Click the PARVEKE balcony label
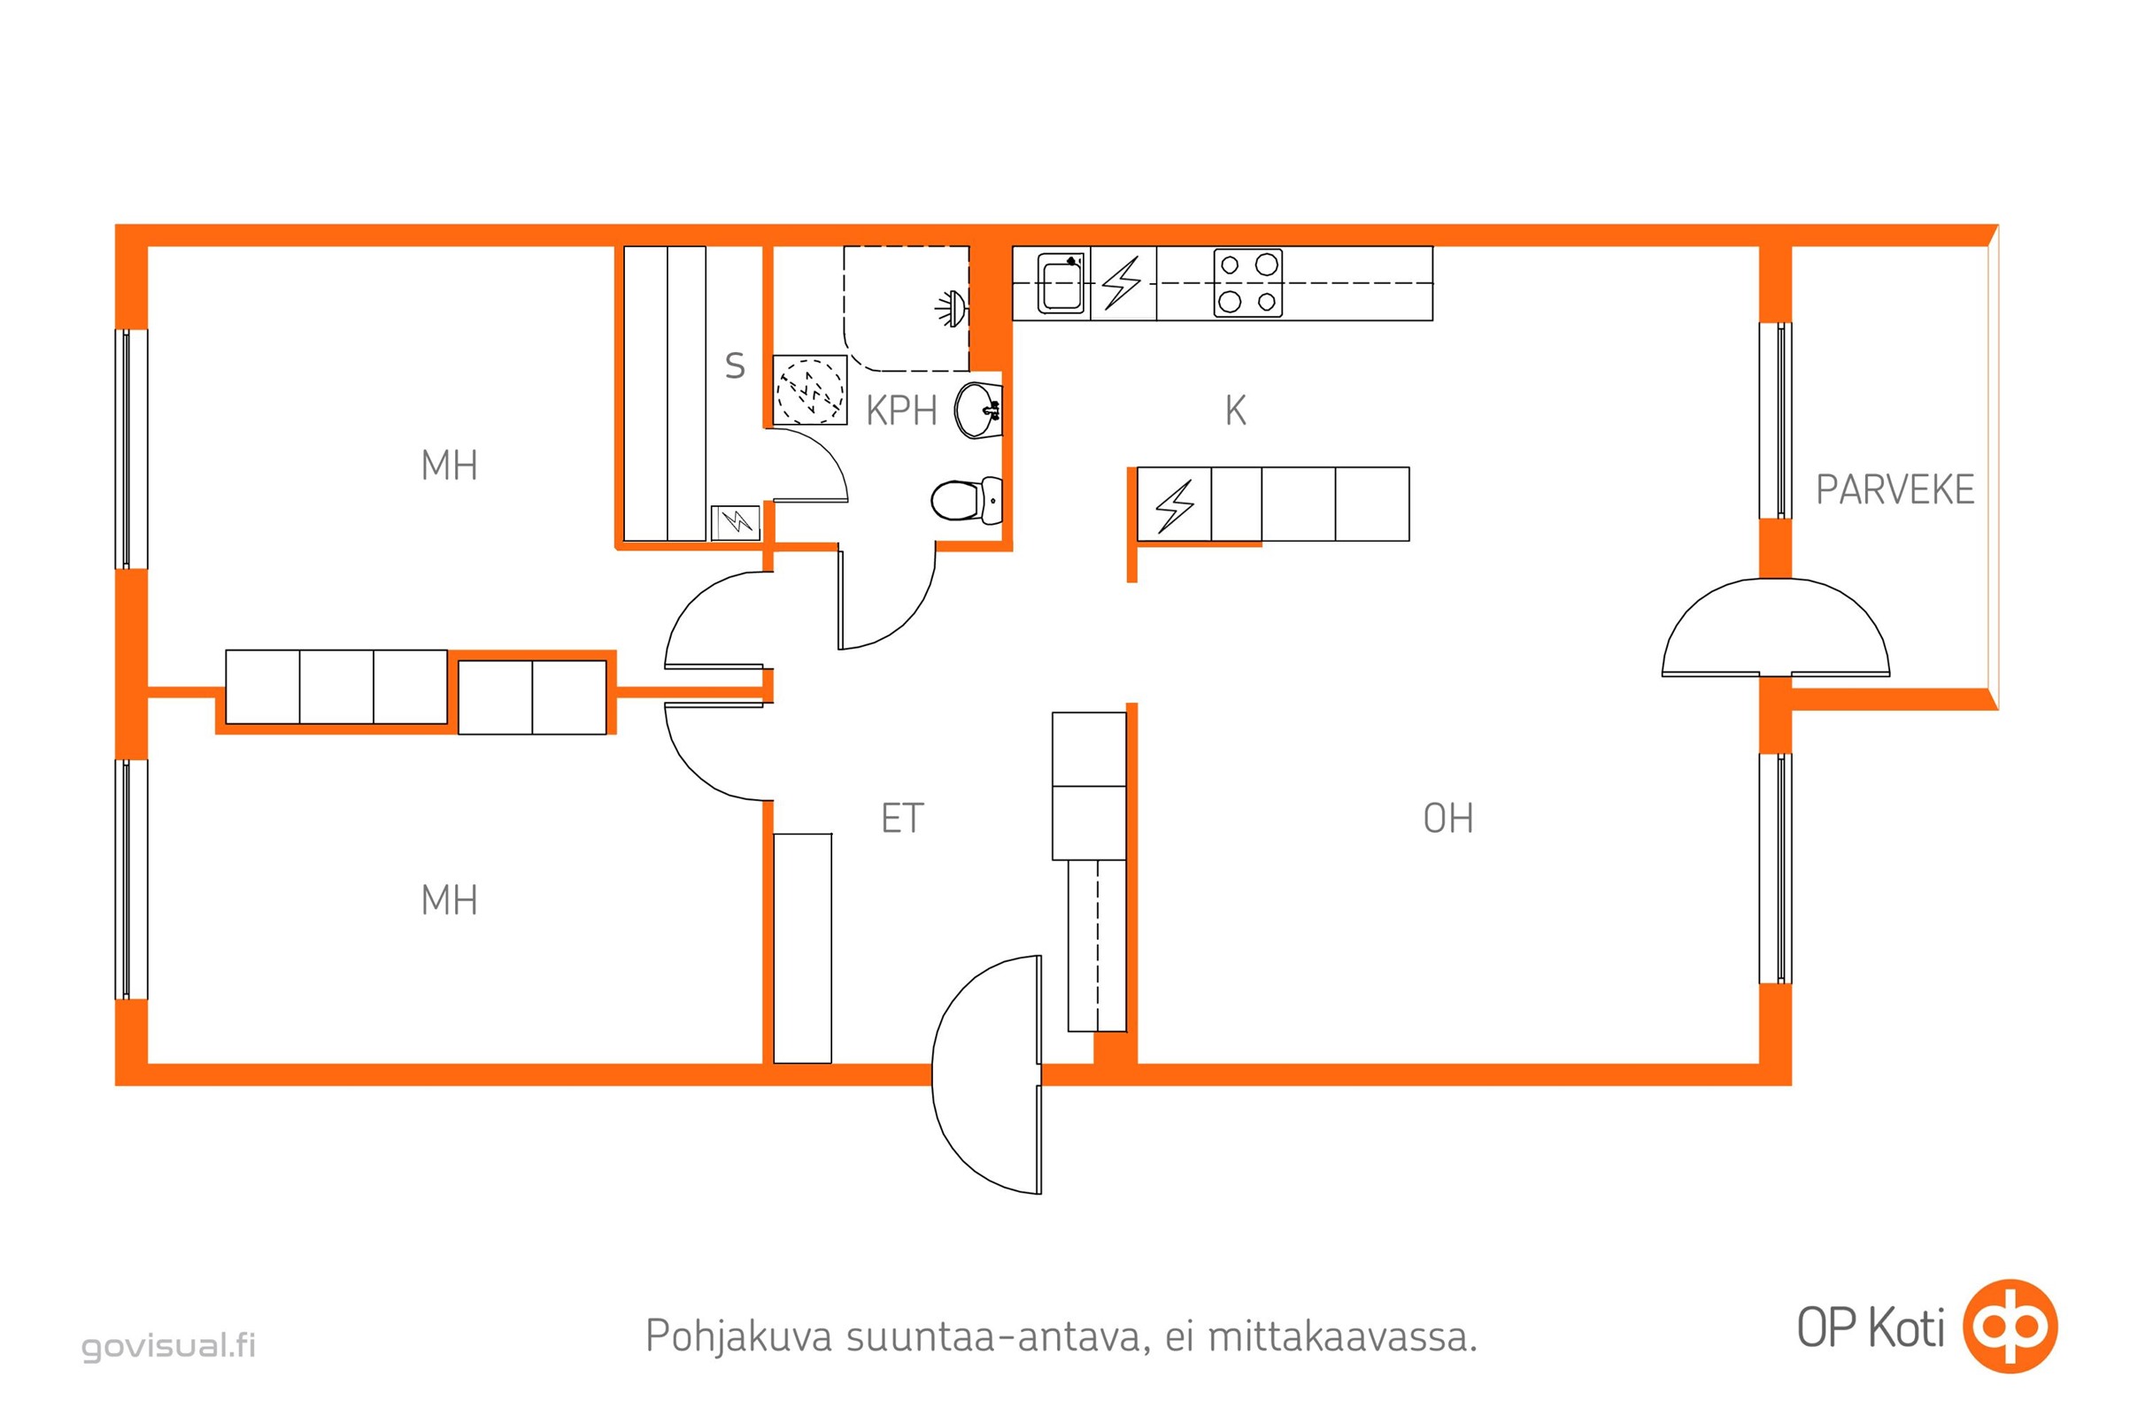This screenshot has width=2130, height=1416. coord(1895,489)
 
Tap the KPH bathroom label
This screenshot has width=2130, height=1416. coord(900,411)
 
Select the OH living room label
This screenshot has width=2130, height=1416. coord(1448,818)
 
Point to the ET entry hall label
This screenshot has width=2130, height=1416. coord(901,818)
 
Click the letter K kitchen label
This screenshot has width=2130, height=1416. coord(1235,411)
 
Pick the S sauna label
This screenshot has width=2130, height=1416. coord(736,366)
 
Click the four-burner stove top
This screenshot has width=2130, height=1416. coord(1247,282)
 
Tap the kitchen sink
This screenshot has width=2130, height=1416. coord(1061,283)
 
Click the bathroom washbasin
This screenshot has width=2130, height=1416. coord(978,410)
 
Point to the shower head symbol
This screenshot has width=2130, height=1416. coord(951,309)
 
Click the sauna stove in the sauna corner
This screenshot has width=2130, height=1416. coord(736,523)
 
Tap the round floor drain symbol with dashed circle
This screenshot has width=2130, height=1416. coord(810,390)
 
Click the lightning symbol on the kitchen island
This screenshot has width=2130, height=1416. coord(1174,504)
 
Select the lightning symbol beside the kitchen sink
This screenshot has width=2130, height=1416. coord(1123,282)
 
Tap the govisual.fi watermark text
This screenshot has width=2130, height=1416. coord(169,1345)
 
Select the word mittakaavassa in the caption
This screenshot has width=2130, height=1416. coord(1342,1335)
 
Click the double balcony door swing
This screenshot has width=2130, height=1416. coord(1775,627)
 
